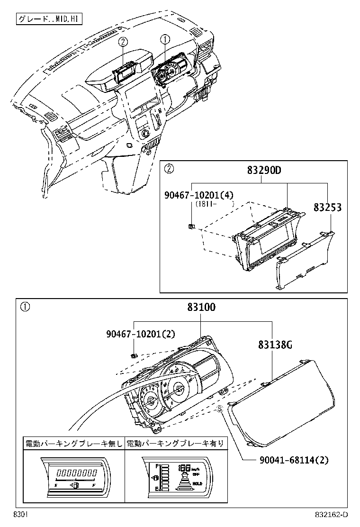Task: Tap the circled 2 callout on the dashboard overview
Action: click(x=122, y=42)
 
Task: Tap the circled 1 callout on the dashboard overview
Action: click(x=165, y=39)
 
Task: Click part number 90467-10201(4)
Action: click(x=199, y=195)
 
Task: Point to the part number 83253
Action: click(x=327, y=208)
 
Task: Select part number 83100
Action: click(x=201, y=308)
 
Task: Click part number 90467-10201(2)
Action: click(x=141, y=334)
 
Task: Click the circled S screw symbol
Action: click(x=220, y=409)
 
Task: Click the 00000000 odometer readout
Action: click(x=75, y=473)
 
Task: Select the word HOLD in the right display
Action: click(x=197, y=483)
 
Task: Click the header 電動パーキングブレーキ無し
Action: click(x=73, y=444)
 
